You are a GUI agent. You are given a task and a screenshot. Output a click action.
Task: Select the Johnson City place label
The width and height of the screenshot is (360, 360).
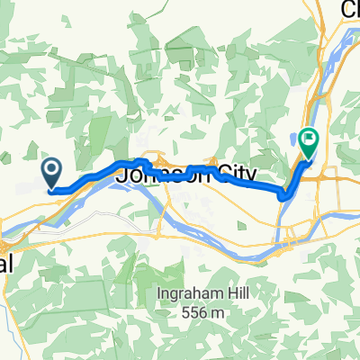tap(188, 173)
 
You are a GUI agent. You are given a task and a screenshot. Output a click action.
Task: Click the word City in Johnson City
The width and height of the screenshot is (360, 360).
tap(232, 174)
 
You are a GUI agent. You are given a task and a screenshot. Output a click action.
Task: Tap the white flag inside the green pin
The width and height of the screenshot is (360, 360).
tap(310, 140)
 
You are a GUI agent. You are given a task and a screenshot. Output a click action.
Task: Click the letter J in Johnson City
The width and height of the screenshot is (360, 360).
tap(127, 173)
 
